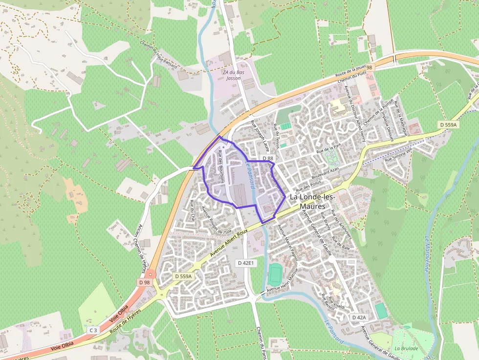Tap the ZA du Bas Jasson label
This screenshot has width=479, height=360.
tap(233, 75)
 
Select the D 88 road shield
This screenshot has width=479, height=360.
tap(267, 158)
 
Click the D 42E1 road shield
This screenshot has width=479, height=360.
tap(245, 263)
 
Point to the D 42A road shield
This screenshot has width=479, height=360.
tap(359, 318)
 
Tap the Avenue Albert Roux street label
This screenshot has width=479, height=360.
tap(229, 243)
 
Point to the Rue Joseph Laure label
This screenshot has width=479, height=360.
tap(260, 135)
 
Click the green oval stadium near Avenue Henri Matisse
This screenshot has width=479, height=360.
tap(276, 274)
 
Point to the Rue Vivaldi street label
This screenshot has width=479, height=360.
tap(337, 303)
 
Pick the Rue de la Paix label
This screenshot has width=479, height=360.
tap(328, 148)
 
